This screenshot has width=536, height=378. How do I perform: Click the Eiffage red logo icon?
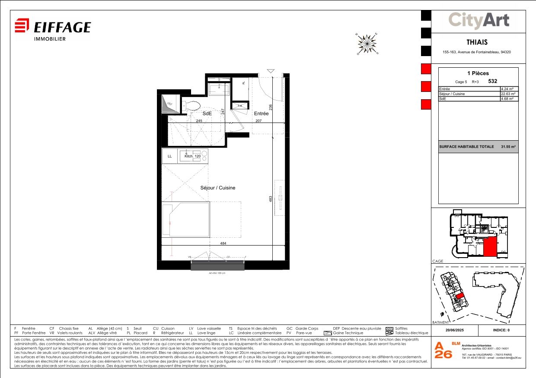click(22, 25)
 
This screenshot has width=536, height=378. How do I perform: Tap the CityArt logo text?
click(479, 20)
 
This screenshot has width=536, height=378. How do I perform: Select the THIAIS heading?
click(477, 42)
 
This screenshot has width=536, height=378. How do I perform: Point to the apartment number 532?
click(492, 81)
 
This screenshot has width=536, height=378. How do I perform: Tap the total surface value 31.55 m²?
click(508, 147)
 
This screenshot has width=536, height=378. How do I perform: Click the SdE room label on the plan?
click(207, 113)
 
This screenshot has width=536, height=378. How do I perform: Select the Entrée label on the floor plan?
click(262, 113)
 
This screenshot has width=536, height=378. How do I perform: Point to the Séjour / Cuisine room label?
click(218, 188)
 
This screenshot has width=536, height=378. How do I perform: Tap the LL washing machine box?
click(170, 156)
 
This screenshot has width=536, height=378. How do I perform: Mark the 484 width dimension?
click(223, 244)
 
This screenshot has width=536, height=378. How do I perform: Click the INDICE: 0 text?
click(501, 331)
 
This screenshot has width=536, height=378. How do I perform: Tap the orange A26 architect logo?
click(443, 351)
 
